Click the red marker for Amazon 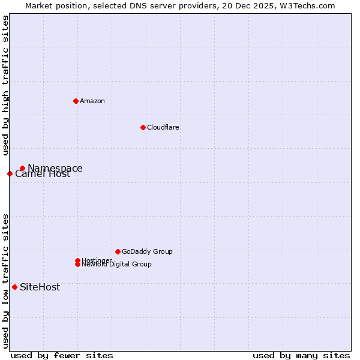point(76,101)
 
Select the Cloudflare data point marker point(143,127)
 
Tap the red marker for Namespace point(22,169)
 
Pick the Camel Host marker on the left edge point(10,173)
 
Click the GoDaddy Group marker point(118,251)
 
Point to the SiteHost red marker point(14,287)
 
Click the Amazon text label point(92,101)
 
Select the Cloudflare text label point(163,127)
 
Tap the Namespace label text point(55,169)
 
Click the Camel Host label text point(43,175)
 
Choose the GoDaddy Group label point(147,251)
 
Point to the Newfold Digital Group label point(117,265)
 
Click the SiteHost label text point(40,287)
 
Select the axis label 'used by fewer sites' point(62,355)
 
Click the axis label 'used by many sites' point(301,355)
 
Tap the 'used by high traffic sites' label point(5,85)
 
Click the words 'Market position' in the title point(53,5)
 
